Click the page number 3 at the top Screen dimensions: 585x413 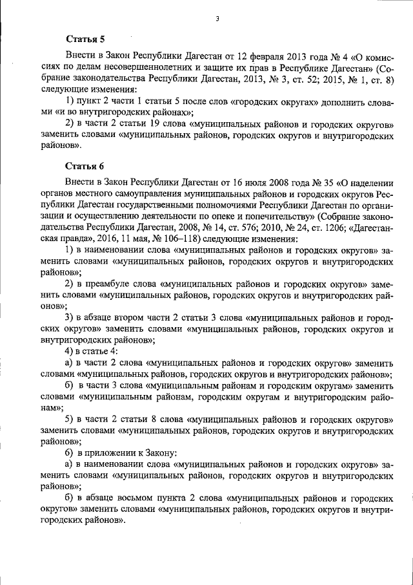[x=217, y=19]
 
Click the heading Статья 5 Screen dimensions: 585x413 [x=85, y=39]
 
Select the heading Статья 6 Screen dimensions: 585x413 [x=85, y=165]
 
